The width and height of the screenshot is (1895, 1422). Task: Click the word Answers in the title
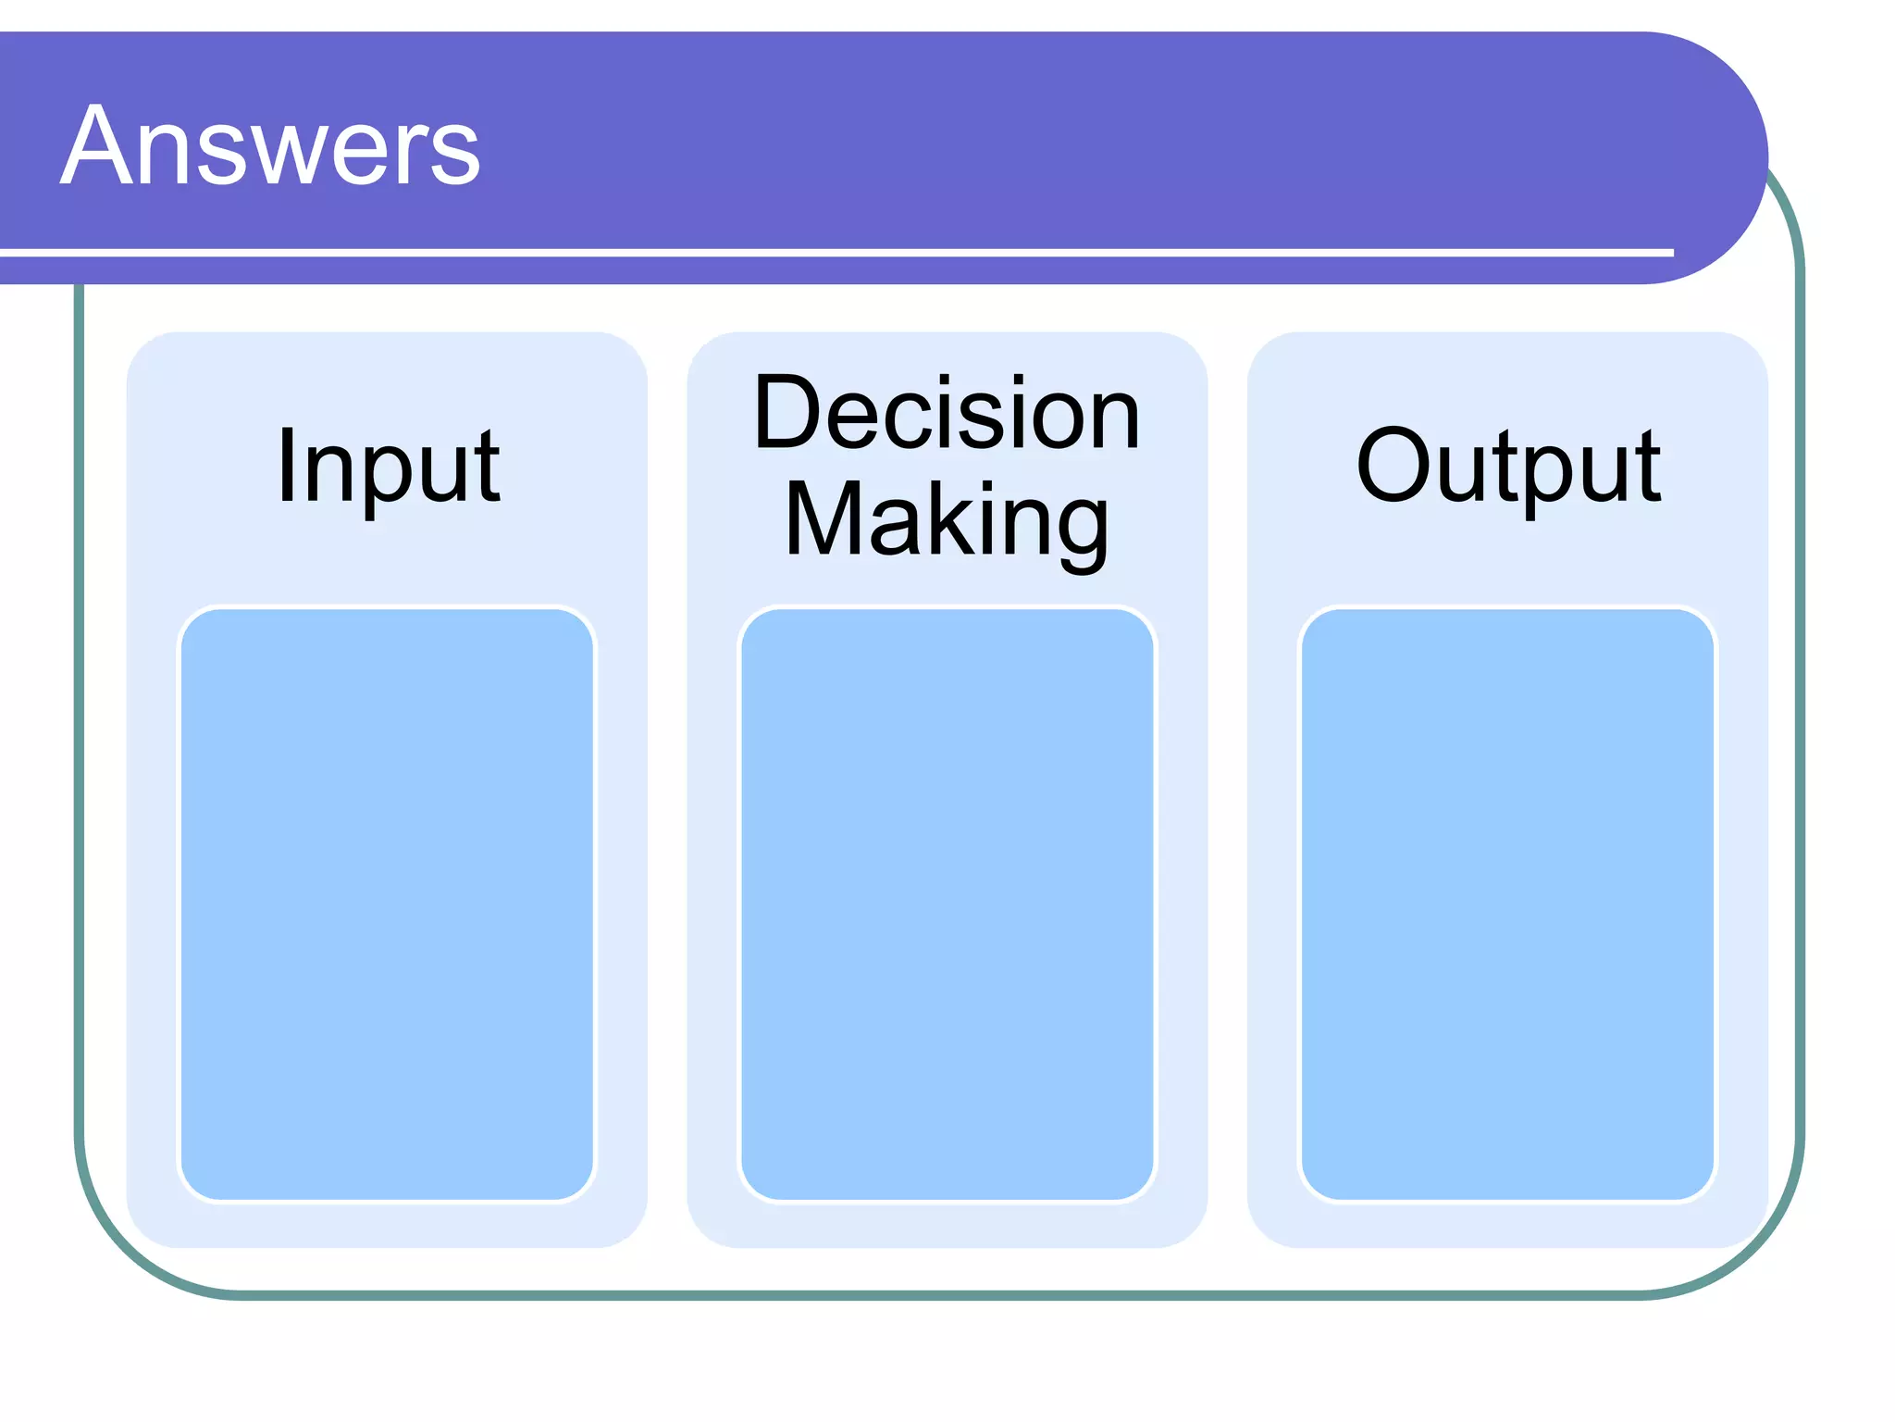click(270, 146)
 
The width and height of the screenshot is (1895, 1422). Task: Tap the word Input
click(388, 468)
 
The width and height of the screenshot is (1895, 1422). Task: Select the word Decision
click(947, 414)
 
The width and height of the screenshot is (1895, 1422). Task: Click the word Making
click(947, 520)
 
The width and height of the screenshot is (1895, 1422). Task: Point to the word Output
click(1508, 468)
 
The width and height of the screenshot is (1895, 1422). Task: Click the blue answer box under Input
click(387, 904)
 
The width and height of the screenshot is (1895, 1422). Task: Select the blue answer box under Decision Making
click(947, 904)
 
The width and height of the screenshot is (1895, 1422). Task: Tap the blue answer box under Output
click(1508, 904)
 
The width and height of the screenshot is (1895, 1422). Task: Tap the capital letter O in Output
click(1398, 465)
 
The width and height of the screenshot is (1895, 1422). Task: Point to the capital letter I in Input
click(287, 466)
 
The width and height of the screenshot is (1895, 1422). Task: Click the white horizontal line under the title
click(833, 252)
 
